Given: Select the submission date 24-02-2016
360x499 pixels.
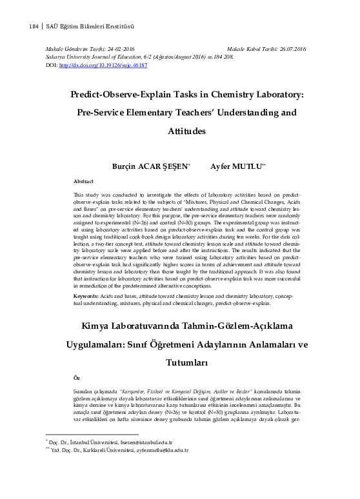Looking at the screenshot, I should (x=121, y=49).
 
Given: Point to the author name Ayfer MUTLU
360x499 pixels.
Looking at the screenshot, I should (x=235, y=166).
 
